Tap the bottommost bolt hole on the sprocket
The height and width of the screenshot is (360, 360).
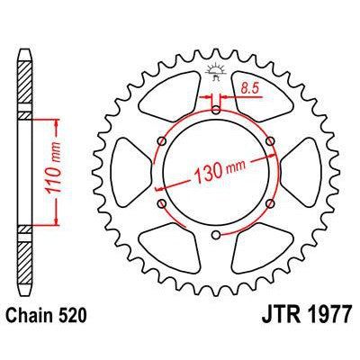tap(216, 237)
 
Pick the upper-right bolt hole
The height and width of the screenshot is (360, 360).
tap(271, 141)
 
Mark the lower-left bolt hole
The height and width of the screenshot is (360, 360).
tap(161, 205)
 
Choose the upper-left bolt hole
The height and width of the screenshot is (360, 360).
tap(161, 141)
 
